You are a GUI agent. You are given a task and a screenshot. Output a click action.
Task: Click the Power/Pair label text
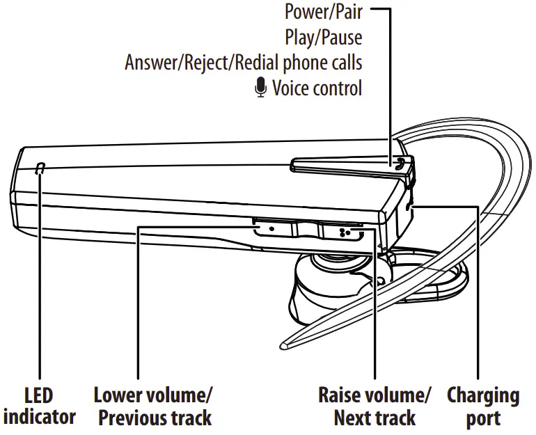323,12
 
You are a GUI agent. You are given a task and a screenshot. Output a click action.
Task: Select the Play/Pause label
323,37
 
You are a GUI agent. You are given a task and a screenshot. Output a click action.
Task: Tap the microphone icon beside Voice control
260,88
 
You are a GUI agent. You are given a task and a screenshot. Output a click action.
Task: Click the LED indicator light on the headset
40,168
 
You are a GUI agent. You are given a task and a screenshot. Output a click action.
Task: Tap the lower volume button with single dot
271,228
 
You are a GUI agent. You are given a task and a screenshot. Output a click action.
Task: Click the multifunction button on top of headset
348,164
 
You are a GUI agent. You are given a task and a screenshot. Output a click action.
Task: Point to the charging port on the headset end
408,205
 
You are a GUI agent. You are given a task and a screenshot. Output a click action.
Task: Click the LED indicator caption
39,406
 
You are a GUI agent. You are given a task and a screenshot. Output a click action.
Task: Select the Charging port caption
482,406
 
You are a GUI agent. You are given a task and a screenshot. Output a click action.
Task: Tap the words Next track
374,418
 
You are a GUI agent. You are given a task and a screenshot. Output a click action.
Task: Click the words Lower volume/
154,395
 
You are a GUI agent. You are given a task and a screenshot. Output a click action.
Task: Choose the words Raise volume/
374,395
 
